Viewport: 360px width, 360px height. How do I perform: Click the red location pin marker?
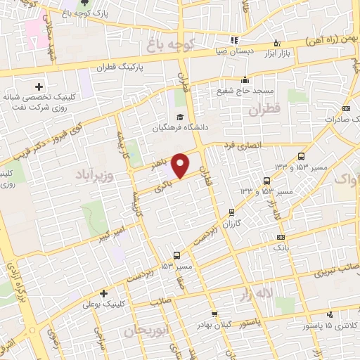click(x=181, y=165)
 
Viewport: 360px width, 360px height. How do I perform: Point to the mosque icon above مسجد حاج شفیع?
click(x=244, y=79)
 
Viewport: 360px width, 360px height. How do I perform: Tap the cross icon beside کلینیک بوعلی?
click(x=103, y=293)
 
